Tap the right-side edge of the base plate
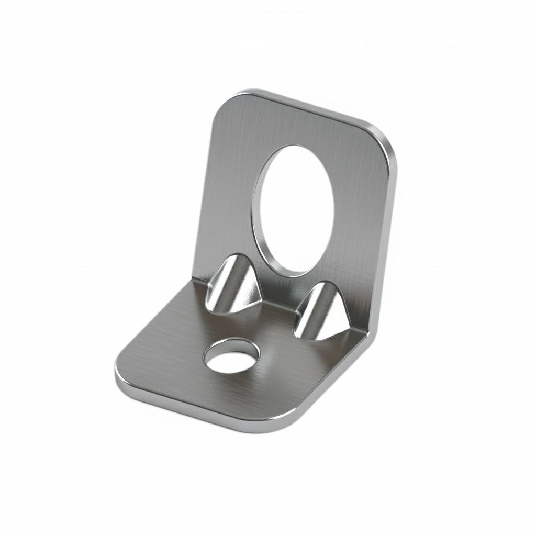pos(335,382)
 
